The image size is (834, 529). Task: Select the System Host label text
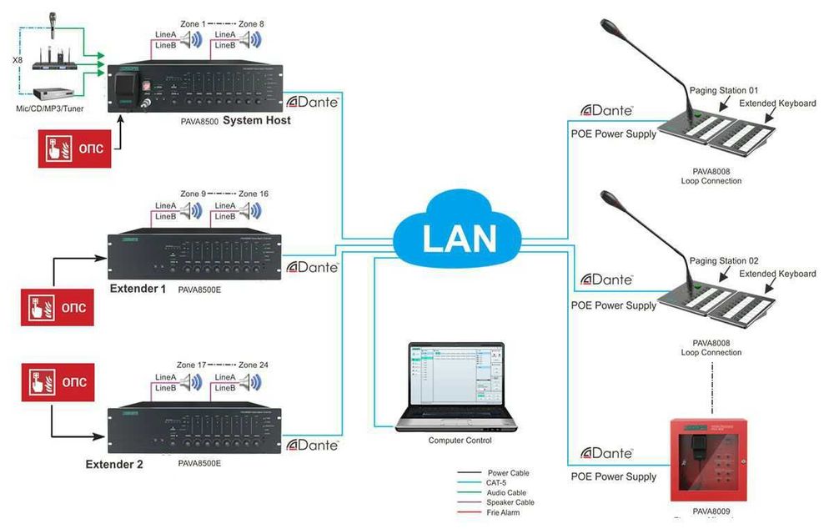tap(257, 121)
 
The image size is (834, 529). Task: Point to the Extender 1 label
tap(138, 289)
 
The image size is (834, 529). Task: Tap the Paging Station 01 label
tap(724, 89)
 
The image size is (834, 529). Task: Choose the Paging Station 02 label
tap(724, 260)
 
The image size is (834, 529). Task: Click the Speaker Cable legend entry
tap(510, 502)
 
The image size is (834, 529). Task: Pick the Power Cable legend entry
tap(508, 473)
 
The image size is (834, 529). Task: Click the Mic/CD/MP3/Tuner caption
tap(51, 108)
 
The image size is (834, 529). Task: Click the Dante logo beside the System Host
tap(312, 102)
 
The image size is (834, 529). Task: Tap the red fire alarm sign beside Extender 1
tap(56, 309)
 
